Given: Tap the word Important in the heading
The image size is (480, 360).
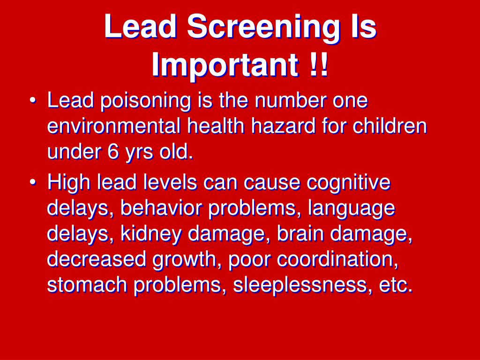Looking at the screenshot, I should [x=225, y=67].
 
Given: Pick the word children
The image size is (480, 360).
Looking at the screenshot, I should [x=390, y=127].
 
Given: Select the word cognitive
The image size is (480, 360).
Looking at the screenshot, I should [x=349, y=183].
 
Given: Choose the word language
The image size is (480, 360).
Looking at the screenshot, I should [x=352, y=209].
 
